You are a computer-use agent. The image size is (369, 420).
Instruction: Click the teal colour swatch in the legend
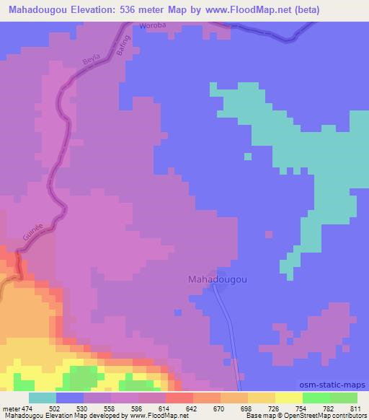[x=43, y=398]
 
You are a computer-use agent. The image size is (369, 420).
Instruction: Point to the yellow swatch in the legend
[x=289, y=398]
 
